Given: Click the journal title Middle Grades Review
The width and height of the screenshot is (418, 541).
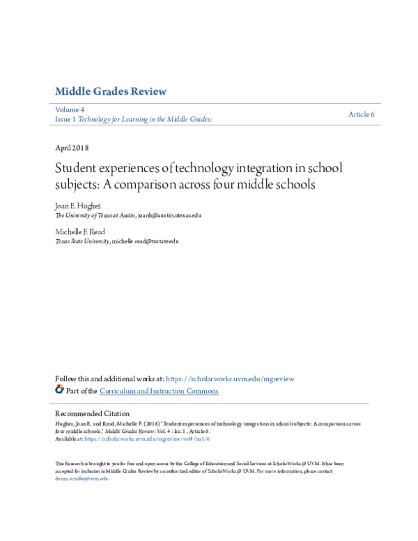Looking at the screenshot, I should coord(110,92).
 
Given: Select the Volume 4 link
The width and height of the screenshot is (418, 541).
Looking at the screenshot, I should coord(70,110).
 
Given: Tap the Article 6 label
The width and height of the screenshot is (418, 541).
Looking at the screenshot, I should coord(362,114).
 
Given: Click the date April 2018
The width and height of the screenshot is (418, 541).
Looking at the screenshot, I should coord(71,148).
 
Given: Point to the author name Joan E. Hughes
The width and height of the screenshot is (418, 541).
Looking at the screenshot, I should coord(78,207).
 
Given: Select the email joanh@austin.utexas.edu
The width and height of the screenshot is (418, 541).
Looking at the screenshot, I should coord(169,216).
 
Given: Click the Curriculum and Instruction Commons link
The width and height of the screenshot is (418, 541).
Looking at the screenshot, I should coord(159,391).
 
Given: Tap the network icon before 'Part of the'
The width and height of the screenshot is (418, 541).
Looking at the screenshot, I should coord(59,390).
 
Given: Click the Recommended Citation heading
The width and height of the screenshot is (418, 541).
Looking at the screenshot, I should coord(92,413).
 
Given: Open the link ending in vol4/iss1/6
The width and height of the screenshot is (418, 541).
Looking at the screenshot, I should coord(147,439).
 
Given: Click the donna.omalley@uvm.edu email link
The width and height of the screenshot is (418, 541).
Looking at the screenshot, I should coord(82,478).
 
